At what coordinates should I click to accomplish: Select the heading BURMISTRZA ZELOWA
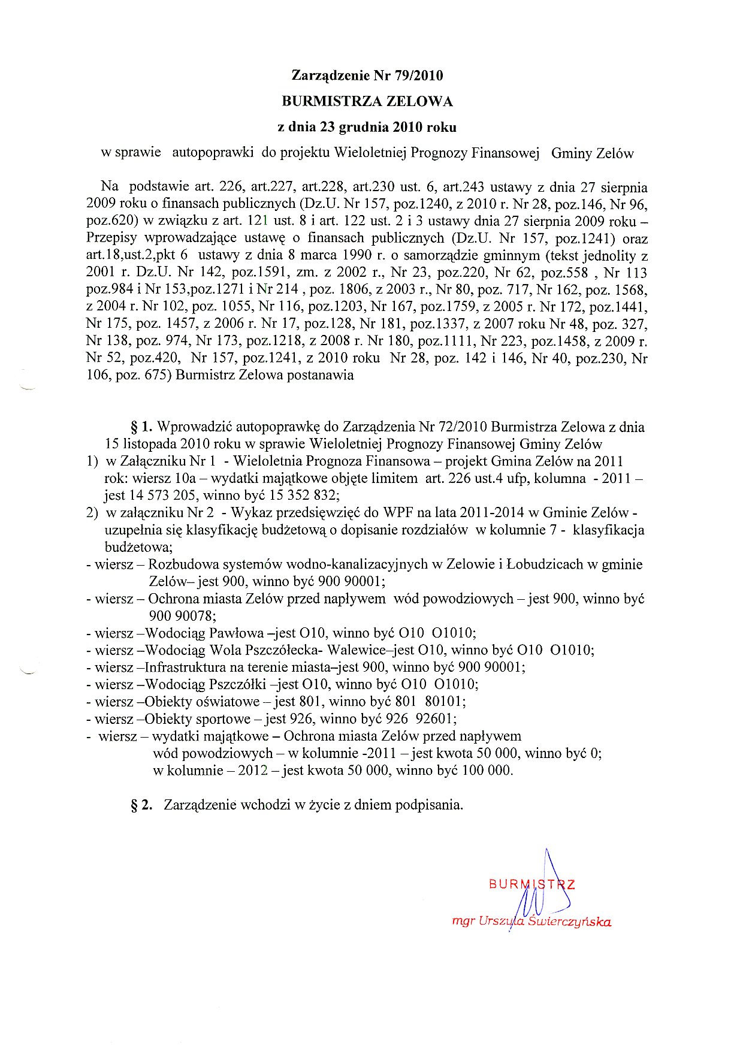[x=367, y=101]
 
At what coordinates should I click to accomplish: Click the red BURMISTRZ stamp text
[x=532, y=884]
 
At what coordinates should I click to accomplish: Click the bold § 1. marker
[x=142, y=427]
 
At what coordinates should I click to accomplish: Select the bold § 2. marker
[x=142, y=805]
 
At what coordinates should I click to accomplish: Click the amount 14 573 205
[x=162, y=496]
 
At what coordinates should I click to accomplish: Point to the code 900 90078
[x=182, y=615]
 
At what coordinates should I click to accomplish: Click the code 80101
[x=445, y=702]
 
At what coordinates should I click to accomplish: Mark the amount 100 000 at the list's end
[x=486, y=771]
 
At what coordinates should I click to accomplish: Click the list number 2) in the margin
[x=92, y=513]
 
